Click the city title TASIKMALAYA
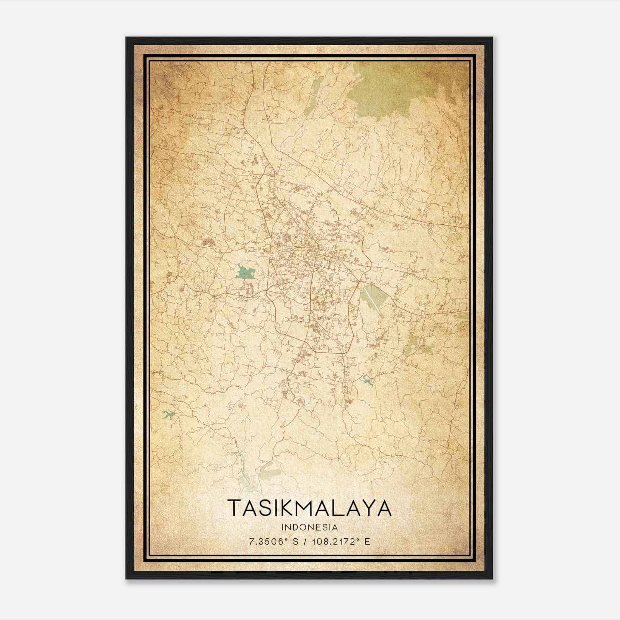click(x=309, y=508)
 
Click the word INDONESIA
click(x=310, y=527)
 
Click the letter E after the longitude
click(x=367, y=541)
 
